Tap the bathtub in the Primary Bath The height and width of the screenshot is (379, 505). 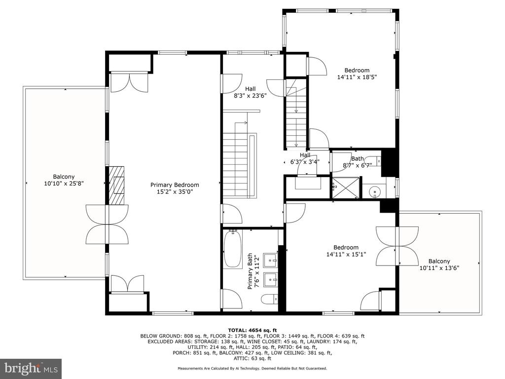pyautogui.click(x=233, y=249)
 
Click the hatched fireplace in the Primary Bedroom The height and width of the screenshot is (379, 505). pyautogui.click(x=116, y=186)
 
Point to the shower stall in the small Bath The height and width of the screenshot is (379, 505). pyautogui.click(x=346, y=187)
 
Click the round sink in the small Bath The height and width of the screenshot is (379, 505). pyautogui.click(x=375, y=192)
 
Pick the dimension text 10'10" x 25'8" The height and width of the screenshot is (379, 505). pyautogui.click(x=64, y=184)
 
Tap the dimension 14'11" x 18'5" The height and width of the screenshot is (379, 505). pyautogui.click(x=357, y=77)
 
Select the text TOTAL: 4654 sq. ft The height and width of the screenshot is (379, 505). pyautogui.click(x=252, y=330)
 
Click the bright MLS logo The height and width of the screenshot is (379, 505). pyautogui.click(x=31, y=368)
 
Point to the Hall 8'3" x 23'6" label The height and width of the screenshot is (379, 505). pyautogui.click(x=250, y=92)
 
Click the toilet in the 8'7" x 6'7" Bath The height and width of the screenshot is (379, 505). pyautogui.click(x=375, y=160)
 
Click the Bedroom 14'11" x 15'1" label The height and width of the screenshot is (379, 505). pyautogui.click(x=346, y=250)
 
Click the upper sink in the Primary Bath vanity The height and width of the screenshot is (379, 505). pyautogui.click(x=271, y=259)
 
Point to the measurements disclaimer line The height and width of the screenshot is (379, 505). pyautogui.click(x=252, y=368)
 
